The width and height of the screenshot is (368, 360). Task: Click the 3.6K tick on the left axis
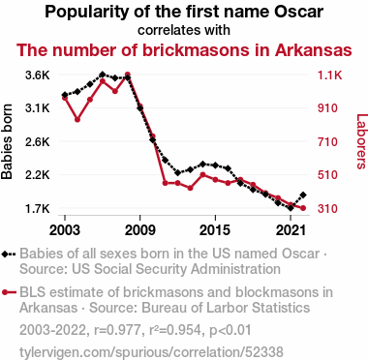pos(38,75)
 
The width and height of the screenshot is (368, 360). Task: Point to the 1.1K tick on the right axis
pos(329,75)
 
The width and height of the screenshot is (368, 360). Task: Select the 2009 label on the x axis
pos(140,230)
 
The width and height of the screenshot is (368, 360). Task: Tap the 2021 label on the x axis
pos(291,230)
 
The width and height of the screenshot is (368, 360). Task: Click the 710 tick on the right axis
pos(327,142)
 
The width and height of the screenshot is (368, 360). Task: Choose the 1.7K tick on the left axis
pos(38,209)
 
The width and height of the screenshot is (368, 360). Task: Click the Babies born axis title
pos(7,141)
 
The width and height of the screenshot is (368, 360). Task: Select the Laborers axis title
pos(361,141)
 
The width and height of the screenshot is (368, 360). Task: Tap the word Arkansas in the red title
pos(313,50)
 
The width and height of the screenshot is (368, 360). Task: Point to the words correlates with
pos(184,30)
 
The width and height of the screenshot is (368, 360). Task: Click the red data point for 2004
pos(77,119)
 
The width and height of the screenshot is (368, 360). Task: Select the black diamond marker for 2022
pos(303,195)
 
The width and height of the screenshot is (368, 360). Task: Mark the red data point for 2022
pos(303,208)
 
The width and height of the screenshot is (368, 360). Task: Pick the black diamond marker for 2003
pos(65,95)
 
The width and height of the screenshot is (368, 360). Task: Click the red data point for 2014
pos(202,175)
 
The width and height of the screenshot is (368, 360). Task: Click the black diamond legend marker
pos(9,254)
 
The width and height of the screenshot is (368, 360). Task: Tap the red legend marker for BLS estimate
pos(9,292)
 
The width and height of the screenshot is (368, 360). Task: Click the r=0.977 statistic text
pos(117,330)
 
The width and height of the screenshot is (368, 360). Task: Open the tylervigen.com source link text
pos(151,352)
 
